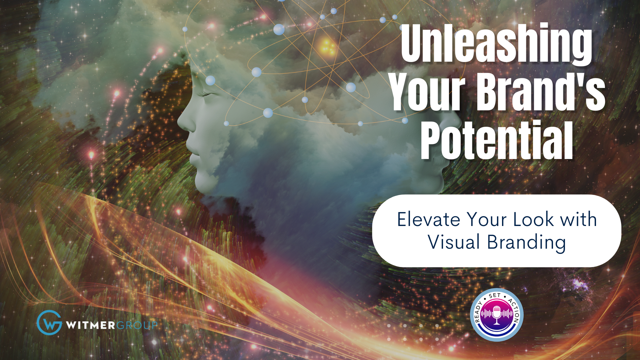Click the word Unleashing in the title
(x=496, y=43)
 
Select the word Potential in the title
(x=497, y=140)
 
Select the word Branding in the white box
(x=526, y=243)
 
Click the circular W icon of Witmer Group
(x=49, y=322)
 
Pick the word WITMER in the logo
(x=90, y=325)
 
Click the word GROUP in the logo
(x=137, y=325)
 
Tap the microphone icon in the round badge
(x=497, y=314)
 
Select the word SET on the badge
(x=495, y=296)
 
